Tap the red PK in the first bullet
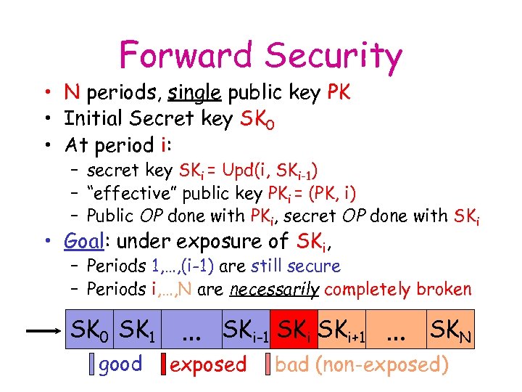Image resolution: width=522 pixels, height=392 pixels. (339, 93)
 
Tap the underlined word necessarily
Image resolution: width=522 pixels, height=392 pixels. (275, 289)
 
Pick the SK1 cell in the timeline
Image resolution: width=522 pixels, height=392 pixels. (138, 332)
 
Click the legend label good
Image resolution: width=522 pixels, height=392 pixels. (120, 364)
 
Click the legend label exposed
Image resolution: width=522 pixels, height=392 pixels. (208, 364)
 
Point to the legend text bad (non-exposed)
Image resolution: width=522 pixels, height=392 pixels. (362, 364)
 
